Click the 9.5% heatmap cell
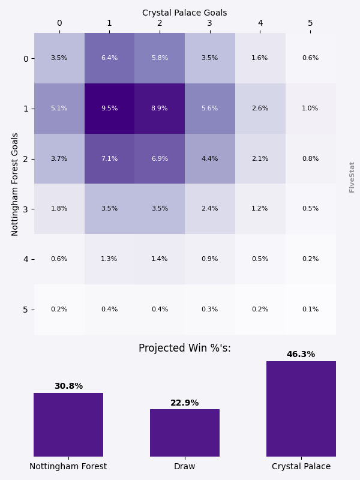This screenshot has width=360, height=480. tap(109, 109)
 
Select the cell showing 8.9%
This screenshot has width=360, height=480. tap(160, 109)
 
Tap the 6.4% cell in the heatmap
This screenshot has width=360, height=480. tap(109, 58)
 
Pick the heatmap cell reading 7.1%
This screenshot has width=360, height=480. tap(109, 159)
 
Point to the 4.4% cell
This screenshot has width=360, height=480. tap(210, 159)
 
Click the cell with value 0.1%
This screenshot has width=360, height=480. tap(310, 310)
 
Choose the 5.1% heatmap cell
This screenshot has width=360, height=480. tap(59, 109)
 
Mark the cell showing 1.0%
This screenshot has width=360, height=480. tap(310, 109)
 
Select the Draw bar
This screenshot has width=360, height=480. tap(185, 433)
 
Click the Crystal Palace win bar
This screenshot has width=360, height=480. tap(301, 409)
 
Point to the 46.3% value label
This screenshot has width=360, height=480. tap(301, 355)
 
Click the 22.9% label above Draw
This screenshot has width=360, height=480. tap(185, 403)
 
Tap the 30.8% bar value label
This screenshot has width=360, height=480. tap(68, 386)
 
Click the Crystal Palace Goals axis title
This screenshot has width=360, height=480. tap(185, 13)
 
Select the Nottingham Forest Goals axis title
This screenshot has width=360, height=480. tap(16, 184)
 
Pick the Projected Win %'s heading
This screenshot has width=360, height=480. tap(185, 349)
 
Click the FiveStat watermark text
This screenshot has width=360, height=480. tap(352, 177)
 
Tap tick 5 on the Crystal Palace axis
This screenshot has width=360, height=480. tap(310, 23)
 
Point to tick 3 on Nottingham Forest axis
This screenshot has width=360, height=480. tap(26, 209)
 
